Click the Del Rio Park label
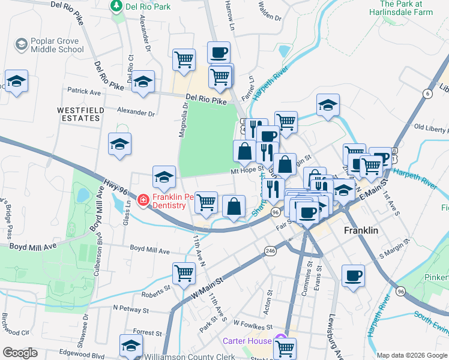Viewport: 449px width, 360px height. (146, 7)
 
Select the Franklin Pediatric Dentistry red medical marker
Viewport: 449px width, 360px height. (143, 199)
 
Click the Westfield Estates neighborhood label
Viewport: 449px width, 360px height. (79, 114)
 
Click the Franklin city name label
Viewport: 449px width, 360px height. (361, 230)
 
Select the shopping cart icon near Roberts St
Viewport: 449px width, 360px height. (184, 273)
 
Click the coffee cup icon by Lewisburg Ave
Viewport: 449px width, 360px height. (353, 275)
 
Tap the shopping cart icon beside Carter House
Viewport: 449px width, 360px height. (285, 347)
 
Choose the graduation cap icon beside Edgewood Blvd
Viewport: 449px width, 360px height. (131, 345)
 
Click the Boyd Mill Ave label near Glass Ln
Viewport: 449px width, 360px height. (149, 248)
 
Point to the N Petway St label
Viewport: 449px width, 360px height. (130, 310)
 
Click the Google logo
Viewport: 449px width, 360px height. (20, 352)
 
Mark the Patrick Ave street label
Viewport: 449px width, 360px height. (83, 92)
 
